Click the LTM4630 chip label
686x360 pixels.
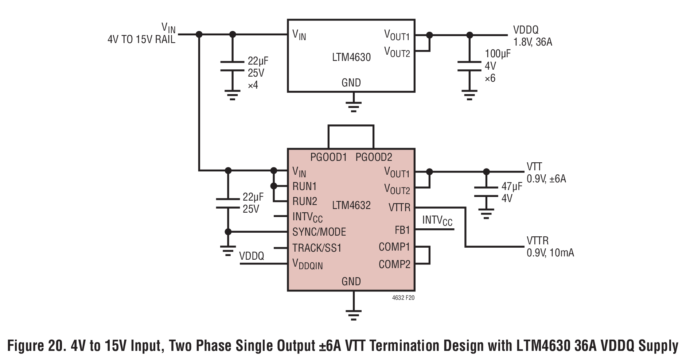pyautogui.click(x=351, y=57)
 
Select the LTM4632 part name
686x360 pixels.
pyautogui.click(x=351, y=205)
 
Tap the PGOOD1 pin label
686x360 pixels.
pyautogui.click(x=328, y=157)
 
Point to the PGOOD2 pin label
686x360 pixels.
pyautogui.click(x=374, y=157)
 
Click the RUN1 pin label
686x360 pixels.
pyautogui.click(x=305, y=186)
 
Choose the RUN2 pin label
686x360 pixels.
pyautogui.click(x=305, y=201)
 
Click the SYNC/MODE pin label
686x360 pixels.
pyautogui.click(x=319, y=232)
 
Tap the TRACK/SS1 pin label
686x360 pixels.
pyautogui.click(x=317, y=248)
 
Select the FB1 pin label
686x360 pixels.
pyautogui.click(x=402, y=230)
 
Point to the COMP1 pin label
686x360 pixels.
pyautogui.click(x=394, y=247)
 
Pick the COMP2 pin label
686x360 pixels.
pyautogui.click(x=394, y=264)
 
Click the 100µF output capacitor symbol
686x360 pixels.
pyautogui.click(x=469, y=66)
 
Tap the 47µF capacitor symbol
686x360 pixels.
pyautogui.click(x=486, y=192)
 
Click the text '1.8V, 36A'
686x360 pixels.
pyautogui.click(x=533, y=42)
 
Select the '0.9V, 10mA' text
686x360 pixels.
pyautogui.click(x=550, y=253)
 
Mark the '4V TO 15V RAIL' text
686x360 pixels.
pyautogui.click(x=141, y=40)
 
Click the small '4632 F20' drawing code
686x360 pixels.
pyautogui.click(x=403, y=298)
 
